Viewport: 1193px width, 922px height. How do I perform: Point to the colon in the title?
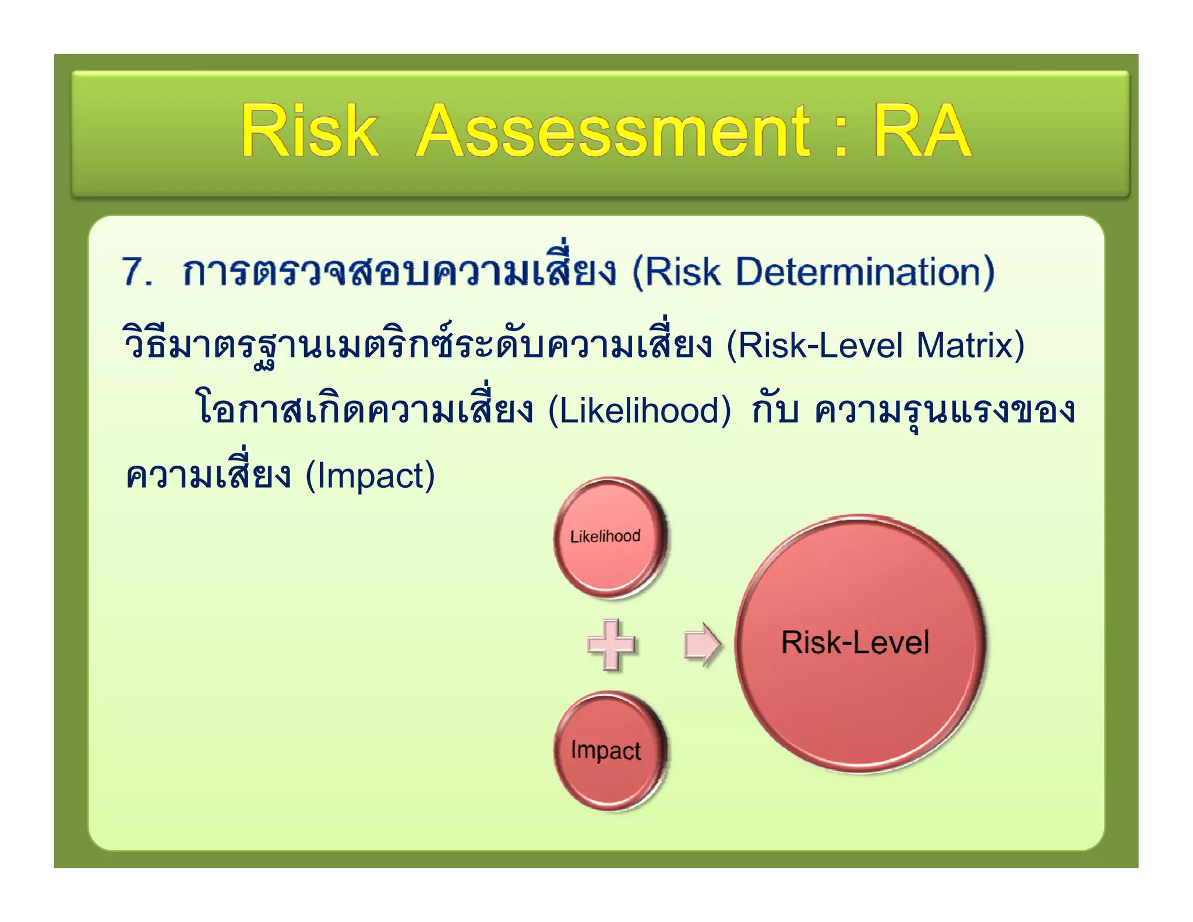point(839,137)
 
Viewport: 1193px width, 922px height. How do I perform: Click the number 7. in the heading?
point(137,272)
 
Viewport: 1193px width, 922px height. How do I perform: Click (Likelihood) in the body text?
point(639,410)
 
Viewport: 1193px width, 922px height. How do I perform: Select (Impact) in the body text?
point(370,476)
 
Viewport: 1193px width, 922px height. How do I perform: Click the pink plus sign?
point(611,644)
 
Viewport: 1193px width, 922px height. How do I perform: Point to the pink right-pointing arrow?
point(702,644)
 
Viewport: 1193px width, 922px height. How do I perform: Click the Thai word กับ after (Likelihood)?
point(775,410)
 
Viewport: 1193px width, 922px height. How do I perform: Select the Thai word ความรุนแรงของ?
point(944,410)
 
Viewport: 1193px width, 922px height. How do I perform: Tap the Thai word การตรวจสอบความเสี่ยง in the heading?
point(399,272)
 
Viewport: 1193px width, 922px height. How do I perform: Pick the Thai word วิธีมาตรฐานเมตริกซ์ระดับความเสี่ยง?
point(417,345)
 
